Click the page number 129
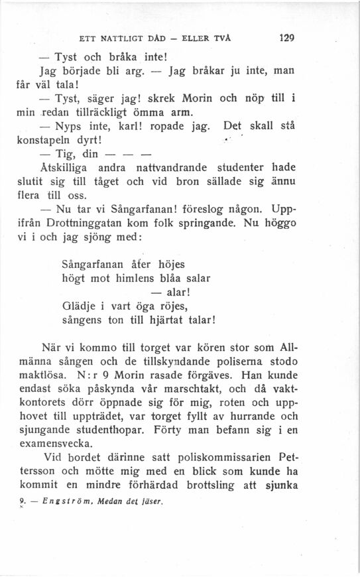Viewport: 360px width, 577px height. [x=286, y=38]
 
